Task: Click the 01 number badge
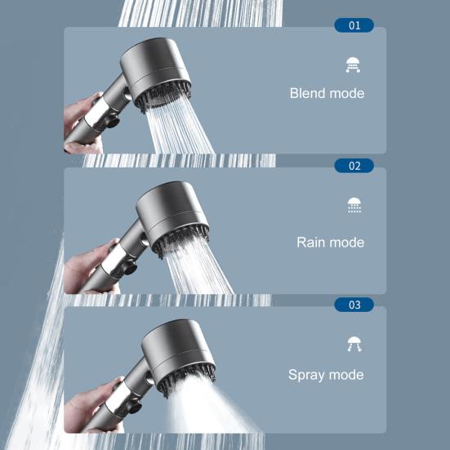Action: (x=354, y=25)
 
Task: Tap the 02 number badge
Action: (x=354, y=166)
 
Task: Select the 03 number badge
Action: (x=354, y=305)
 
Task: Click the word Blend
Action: (x=307, y=93)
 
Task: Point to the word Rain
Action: (x=311, y=243)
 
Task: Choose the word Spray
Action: (x=306, y=376)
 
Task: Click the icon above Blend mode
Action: (x=354, y=65)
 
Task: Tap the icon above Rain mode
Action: (x=354, y=205)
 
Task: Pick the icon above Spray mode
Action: (x=354, y=344)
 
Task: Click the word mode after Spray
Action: (x=346, y=376)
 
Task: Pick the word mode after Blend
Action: (x=346, y=93)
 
